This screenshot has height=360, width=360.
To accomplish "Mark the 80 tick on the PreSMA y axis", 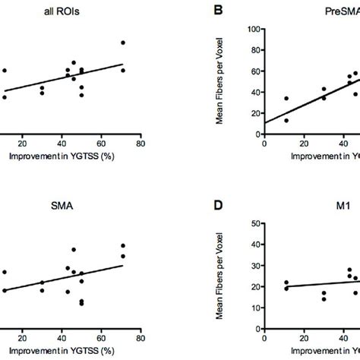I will pos(255,50).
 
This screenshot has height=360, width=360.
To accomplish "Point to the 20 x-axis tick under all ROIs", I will pos(23,141).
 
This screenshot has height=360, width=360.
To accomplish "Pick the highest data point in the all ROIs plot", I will pos(123,43).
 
